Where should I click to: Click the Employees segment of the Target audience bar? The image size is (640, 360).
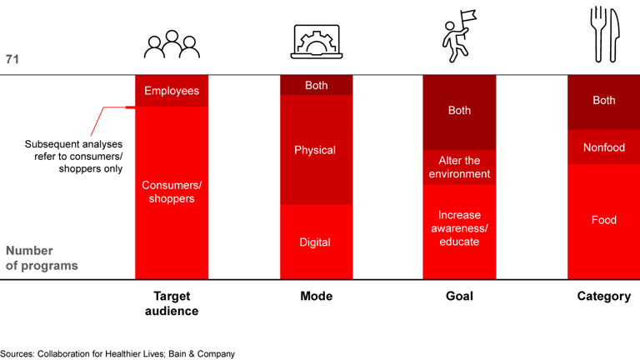(172, 91)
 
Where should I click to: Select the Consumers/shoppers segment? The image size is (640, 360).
(172, 192)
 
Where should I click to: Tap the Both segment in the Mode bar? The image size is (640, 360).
(316, 85)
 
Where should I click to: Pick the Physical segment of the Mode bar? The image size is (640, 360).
(316, 150)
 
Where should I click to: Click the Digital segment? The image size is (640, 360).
(316, 242)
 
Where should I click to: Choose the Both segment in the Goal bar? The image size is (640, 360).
(459, 111)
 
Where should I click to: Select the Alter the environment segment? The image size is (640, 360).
(459, 167)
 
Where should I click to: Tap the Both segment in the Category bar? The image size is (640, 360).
(603, 101)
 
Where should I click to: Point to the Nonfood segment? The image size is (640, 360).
(603, 147)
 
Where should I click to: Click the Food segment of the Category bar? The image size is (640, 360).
(603, 220)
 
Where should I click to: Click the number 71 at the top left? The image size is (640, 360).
(12, 59)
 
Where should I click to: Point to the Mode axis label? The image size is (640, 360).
(316, 297)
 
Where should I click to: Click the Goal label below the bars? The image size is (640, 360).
(459, 297)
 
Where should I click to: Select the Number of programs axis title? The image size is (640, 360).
(42, 258)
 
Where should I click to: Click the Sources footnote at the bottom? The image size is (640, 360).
(117, 353)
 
